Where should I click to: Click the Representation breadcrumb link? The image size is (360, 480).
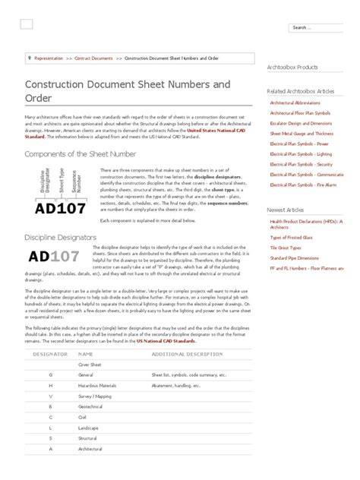pos(48,57)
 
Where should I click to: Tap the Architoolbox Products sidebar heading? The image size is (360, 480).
pos(292,67)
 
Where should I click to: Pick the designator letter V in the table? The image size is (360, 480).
pos(50,396)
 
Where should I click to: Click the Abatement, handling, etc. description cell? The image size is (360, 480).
pos(175,385)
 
